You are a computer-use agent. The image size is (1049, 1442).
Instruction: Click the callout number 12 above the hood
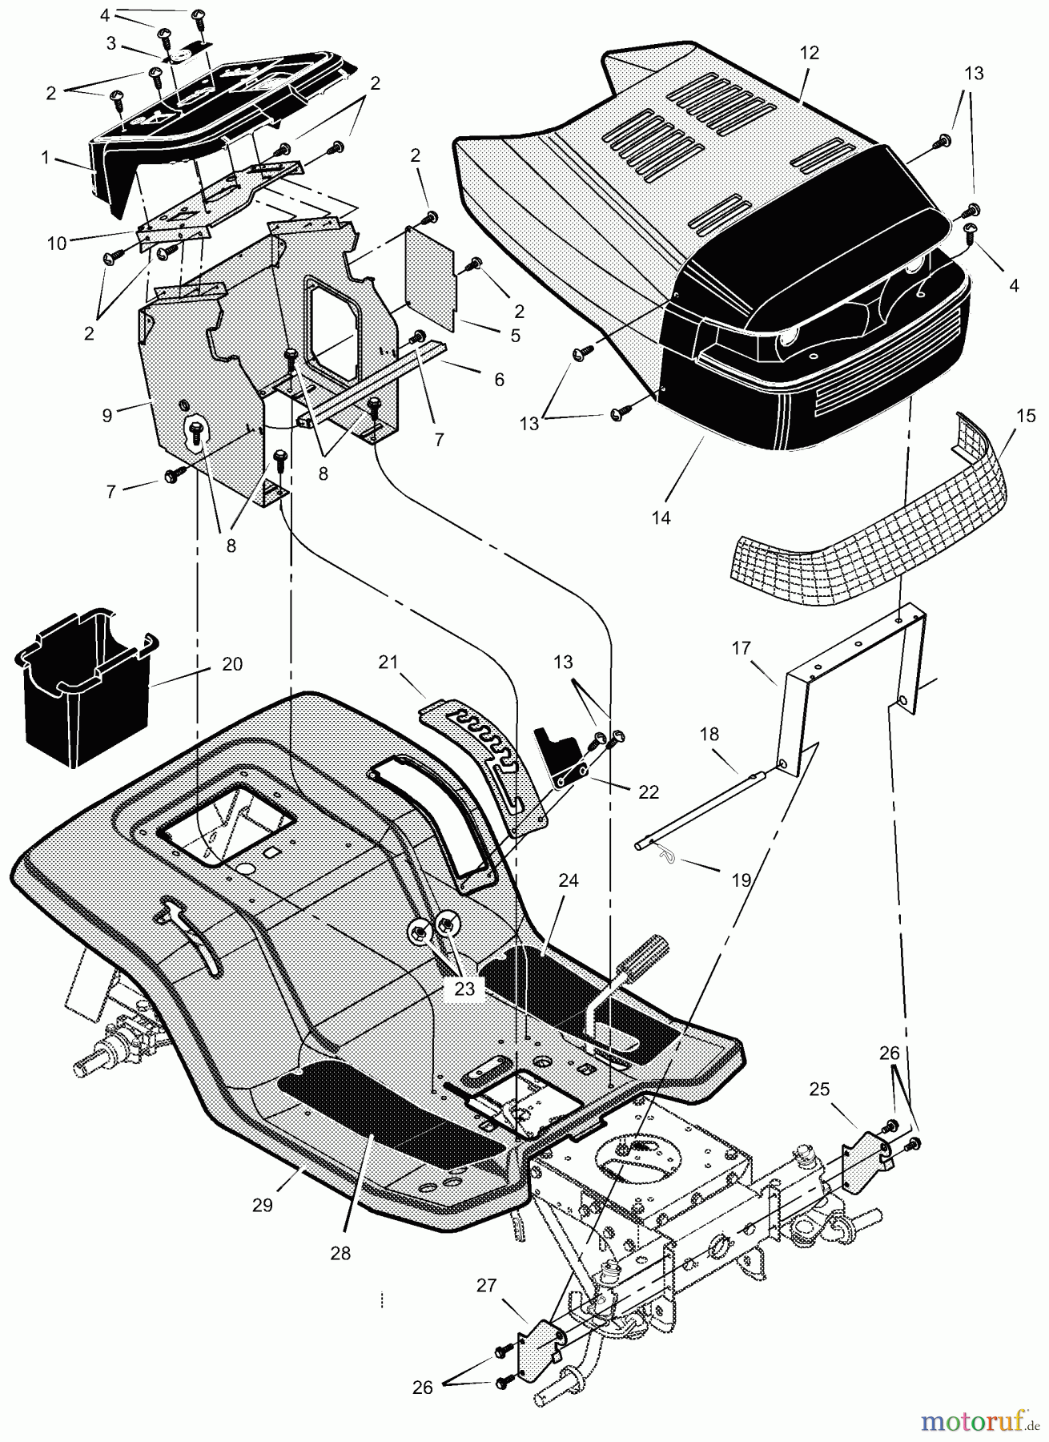pyautogui.click(x=809, y=53)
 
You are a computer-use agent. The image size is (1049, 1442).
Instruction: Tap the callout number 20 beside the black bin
pyautogui.click(x=232, y=664)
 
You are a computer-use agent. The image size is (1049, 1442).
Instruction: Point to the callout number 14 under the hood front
pyautogui.click(x=660, y=518)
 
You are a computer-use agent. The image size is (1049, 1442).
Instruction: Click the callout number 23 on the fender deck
pyautogui.click(x=464, y=989)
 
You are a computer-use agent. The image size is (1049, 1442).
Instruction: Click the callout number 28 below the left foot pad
pyautogui.click(x=340, y=1254)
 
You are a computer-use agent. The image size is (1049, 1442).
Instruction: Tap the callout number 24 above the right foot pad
pyautogui.click(x=568, y=880)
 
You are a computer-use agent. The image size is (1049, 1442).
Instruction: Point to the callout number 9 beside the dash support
pyautogui.click(x=107, y=416)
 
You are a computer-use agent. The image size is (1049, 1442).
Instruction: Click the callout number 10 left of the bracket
pyautogui.click(x=56, y=244)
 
